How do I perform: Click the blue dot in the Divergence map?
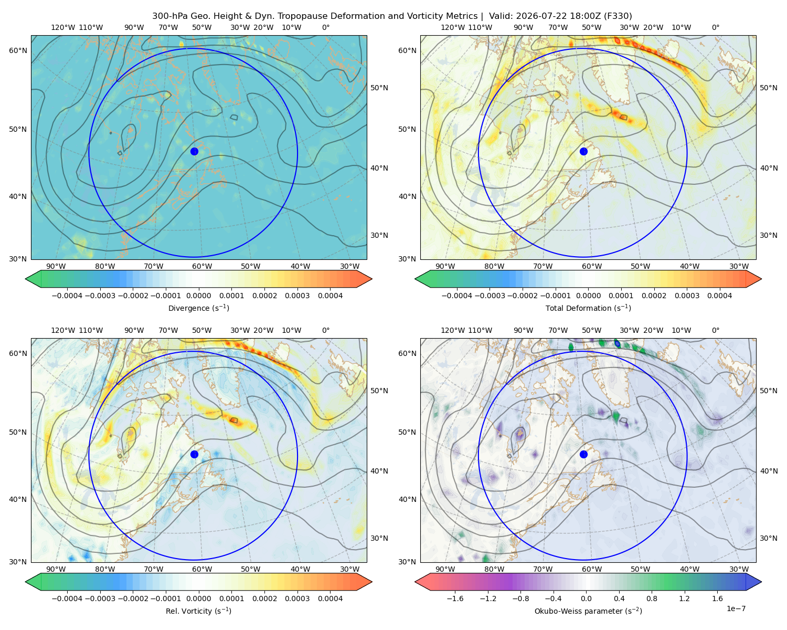pyautogui.click(x=194, y=151)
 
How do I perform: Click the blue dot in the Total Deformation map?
pyautogui.click(x=583, y=151)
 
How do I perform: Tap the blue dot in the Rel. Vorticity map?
pyautogui.click(x=194, y=454)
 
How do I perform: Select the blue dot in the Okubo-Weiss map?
pyautogui.click(x=583, y=454)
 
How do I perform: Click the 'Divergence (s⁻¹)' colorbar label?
pyautogui.click(x=198, y=308)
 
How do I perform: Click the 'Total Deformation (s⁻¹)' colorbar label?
pyautogui.click(x=588, y=308)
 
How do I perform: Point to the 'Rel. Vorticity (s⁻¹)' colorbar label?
pyautogui.click(x=198, y=611)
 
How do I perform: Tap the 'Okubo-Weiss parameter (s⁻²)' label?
pyautogui.click(x=588, y=611)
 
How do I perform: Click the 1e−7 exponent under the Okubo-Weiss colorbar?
pyautogui.click(x=736, y=608)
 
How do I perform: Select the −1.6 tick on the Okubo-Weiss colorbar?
pyautogui.click(x=455, y=598)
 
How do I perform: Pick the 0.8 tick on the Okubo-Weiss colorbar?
pyautogui.click(x=652, y=598)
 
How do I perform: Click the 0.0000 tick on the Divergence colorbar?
pyautogui.click(x=198, y=296)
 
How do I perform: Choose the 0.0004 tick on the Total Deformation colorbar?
pyautogui.click(x=719, y=296)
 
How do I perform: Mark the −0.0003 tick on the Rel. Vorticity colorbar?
pyautogui.click(x=100, y=598)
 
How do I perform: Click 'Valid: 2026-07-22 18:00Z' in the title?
pyautogui.click(x=545, y=16)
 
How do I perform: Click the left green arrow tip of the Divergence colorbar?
pyautogui.click(x=26, y=279)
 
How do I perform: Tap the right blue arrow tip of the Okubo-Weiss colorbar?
pyautogui.click(x=761, y=582)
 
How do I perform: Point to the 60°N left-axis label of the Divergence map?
pyautogui.click(x=18, y=50)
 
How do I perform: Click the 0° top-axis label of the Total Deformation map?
pyautogui.click(x=715, y=27)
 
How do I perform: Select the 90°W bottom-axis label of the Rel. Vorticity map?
pyautogui.click(x=56, y=569)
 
